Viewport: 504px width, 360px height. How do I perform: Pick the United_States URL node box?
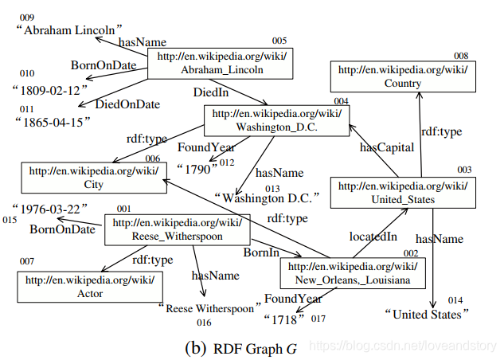[x=404, y=193]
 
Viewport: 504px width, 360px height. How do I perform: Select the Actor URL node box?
[x=89, y=287]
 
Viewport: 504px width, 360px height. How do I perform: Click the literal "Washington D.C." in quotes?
[x=267, y=198]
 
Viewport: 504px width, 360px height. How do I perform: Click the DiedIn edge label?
[x=210, y=93]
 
